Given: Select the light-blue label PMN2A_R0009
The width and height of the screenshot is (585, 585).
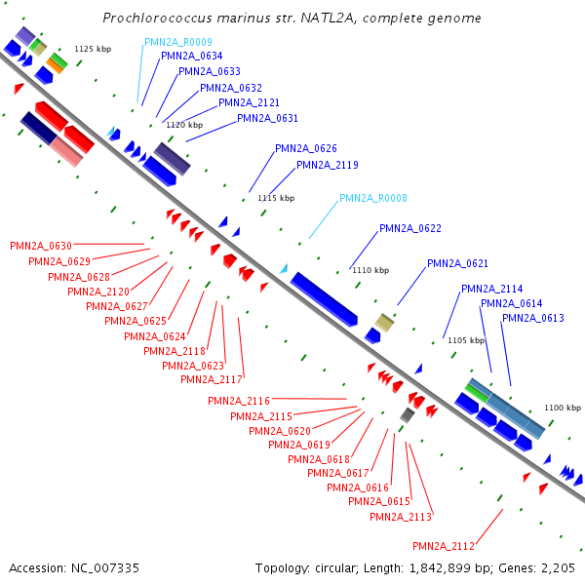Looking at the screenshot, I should click(x=178, y=42).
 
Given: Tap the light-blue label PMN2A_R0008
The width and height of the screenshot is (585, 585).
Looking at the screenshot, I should click(x=373, y=198).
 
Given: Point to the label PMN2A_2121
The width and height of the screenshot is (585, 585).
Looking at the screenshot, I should click(x=249, y=102).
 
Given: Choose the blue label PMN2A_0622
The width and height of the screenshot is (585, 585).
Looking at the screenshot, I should click(x=410, y=228).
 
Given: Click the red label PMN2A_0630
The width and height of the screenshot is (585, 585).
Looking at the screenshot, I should click(x=40, y=246).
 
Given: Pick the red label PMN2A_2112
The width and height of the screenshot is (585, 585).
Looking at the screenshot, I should click(x=444, y=545).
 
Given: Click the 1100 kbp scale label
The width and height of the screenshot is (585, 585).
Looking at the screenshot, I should click(x=563, y=408).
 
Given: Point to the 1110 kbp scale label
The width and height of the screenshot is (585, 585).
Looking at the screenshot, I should click(x=370, y=270).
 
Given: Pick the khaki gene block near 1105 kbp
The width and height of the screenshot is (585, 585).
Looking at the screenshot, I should click(x=385, y=323).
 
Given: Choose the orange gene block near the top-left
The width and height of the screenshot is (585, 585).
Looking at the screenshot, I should click(x=56, y=65).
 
